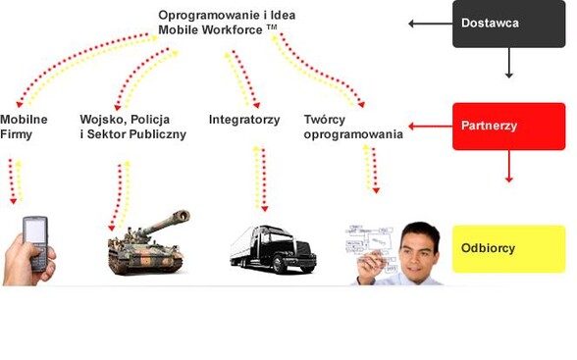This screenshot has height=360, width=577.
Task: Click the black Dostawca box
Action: (x=507, y=24)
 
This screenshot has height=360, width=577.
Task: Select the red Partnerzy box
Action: (x=508, y=126)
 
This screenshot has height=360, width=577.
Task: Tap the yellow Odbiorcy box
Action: (x=508, y=248)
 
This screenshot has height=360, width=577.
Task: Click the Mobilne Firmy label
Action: (x=17, y=127)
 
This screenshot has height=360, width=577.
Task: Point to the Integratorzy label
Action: (x=244, y=120)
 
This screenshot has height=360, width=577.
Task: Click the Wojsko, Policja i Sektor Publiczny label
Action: (x=132, y=127)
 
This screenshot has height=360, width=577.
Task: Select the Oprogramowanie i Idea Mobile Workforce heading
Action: (x=227, y=23)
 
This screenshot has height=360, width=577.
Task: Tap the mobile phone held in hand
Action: (x=35, y=244)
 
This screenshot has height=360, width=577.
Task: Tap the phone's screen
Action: (x=34, y=232)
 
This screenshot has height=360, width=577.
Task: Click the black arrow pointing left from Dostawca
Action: (x=428, y=23)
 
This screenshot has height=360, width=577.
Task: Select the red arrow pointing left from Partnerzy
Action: (x=428, y=126)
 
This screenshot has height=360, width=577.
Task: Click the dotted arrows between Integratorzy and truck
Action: (x=259, y=179)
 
